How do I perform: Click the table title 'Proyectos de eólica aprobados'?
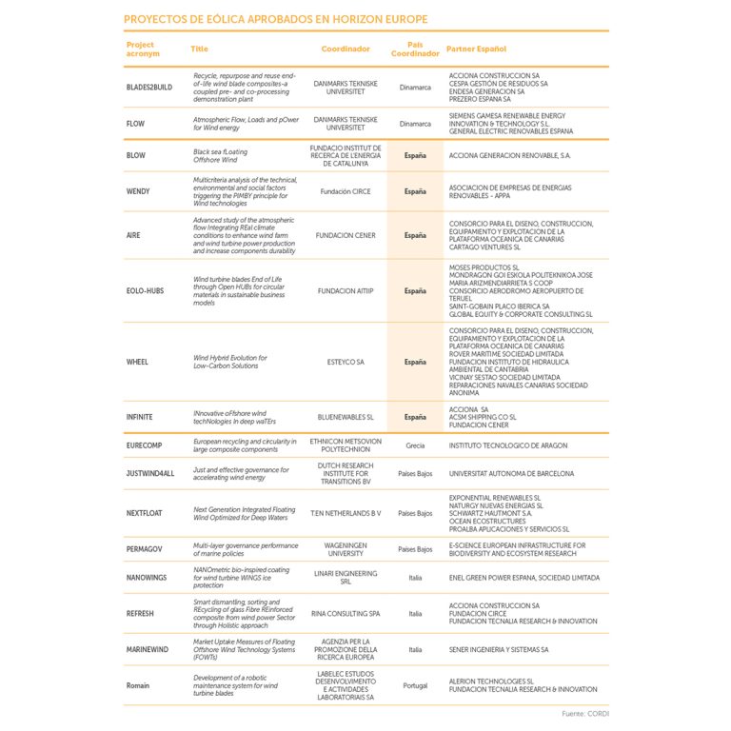point(275,19)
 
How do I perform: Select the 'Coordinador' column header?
point(346,49)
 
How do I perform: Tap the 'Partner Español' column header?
point(476,49)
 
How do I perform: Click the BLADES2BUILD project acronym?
point(149,87)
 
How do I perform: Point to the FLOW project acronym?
point(135,124)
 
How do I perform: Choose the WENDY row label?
point(138,191)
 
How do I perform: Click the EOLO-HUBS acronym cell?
point(144,291)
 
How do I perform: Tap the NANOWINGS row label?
point(147,578)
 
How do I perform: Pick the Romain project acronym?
point(138,685)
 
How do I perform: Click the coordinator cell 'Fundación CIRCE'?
point(346,191)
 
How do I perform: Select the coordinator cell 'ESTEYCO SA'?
point(346,362)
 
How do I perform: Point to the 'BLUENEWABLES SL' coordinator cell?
point(346,417)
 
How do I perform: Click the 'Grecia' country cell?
point(415,445)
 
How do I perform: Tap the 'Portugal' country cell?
point(415,685)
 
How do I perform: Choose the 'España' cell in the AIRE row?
point(415,235)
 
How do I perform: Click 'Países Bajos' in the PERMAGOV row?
point(415,549)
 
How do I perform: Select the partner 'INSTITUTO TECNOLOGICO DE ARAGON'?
point(507,445)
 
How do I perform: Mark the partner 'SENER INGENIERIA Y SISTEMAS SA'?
point(498,650)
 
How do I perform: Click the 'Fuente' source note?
point(584,713)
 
